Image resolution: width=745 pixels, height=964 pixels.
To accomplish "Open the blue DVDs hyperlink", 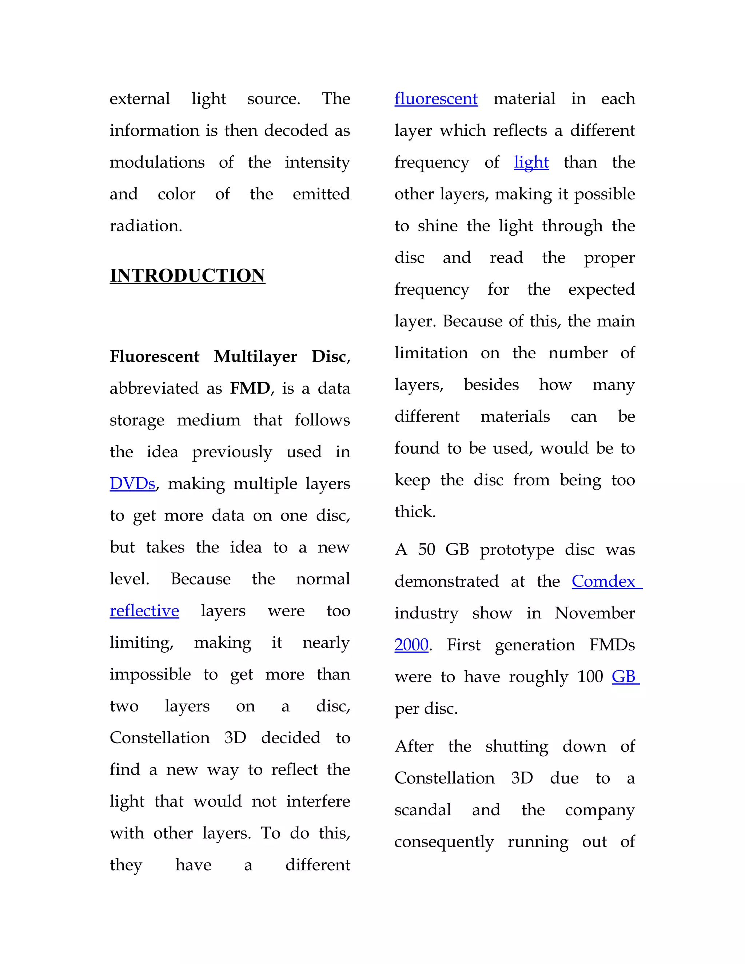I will (x=132, y=483).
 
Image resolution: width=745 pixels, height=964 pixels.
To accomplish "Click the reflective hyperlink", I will (x=144, y=610).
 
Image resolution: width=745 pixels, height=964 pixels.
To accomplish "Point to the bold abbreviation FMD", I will (x=250, y=388).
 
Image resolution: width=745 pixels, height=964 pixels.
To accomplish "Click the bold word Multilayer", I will (x=255, y=356).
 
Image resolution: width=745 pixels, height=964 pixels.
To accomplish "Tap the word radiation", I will (x=146, y=226).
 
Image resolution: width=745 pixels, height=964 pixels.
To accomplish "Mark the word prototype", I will (x=517, y=550).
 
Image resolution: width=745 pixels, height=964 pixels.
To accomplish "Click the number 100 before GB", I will (x=590, y=676).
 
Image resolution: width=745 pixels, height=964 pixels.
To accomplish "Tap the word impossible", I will (x=150, y=674).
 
